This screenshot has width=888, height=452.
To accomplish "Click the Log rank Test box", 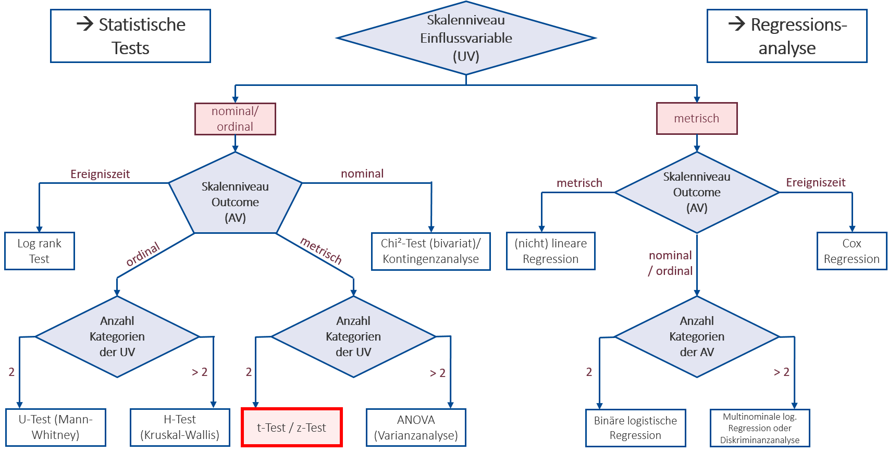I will tap(40, 251).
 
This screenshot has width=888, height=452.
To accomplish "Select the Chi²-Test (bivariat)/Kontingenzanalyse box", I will tap(430, 252).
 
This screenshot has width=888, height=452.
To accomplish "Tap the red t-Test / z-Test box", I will tap(291, 428).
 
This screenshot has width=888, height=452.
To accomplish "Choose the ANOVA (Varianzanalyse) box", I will tap(416, 428).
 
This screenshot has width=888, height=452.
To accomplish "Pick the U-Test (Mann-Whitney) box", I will tap(55, 428).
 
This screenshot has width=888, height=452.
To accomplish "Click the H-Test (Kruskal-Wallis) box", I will tap(180, 428).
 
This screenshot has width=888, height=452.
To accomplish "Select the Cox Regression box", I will tap(852, 251).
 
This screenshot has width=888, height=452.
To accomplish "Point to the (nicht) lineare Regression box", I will tap(550, 251).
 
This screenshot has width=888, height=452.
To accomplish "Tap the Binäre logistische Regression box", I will tap(635, 428).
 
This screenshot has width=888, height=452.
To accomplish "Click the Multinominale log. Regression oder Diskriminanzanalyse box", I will tap(760, 428).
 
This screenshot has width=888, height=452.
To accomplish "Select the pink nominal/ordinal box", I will tap(235, 119).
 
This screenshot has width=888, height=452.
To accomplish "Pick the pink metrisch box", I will tap(697, 119).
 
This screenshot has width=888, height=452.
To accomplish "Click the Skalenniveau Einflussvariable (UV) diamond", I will tap(466, 38).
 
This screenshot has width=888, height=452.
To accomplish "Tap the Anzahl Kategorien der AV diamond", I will tap(697, 336).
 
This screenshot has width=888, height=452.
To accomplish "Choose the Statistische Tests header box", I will tap(130, 36).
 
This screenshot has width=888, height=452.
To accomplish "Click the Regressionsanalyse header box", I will tap(787, 36).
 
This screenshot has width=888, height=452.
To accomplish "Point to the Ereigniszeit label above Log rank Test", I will tap(100, 174).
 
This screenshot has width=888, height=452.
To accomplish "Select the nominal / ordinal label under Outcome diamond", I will tap(670, 263).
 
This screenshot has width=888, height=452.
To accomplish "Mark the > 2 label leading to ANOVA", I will tap(438, 373).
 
